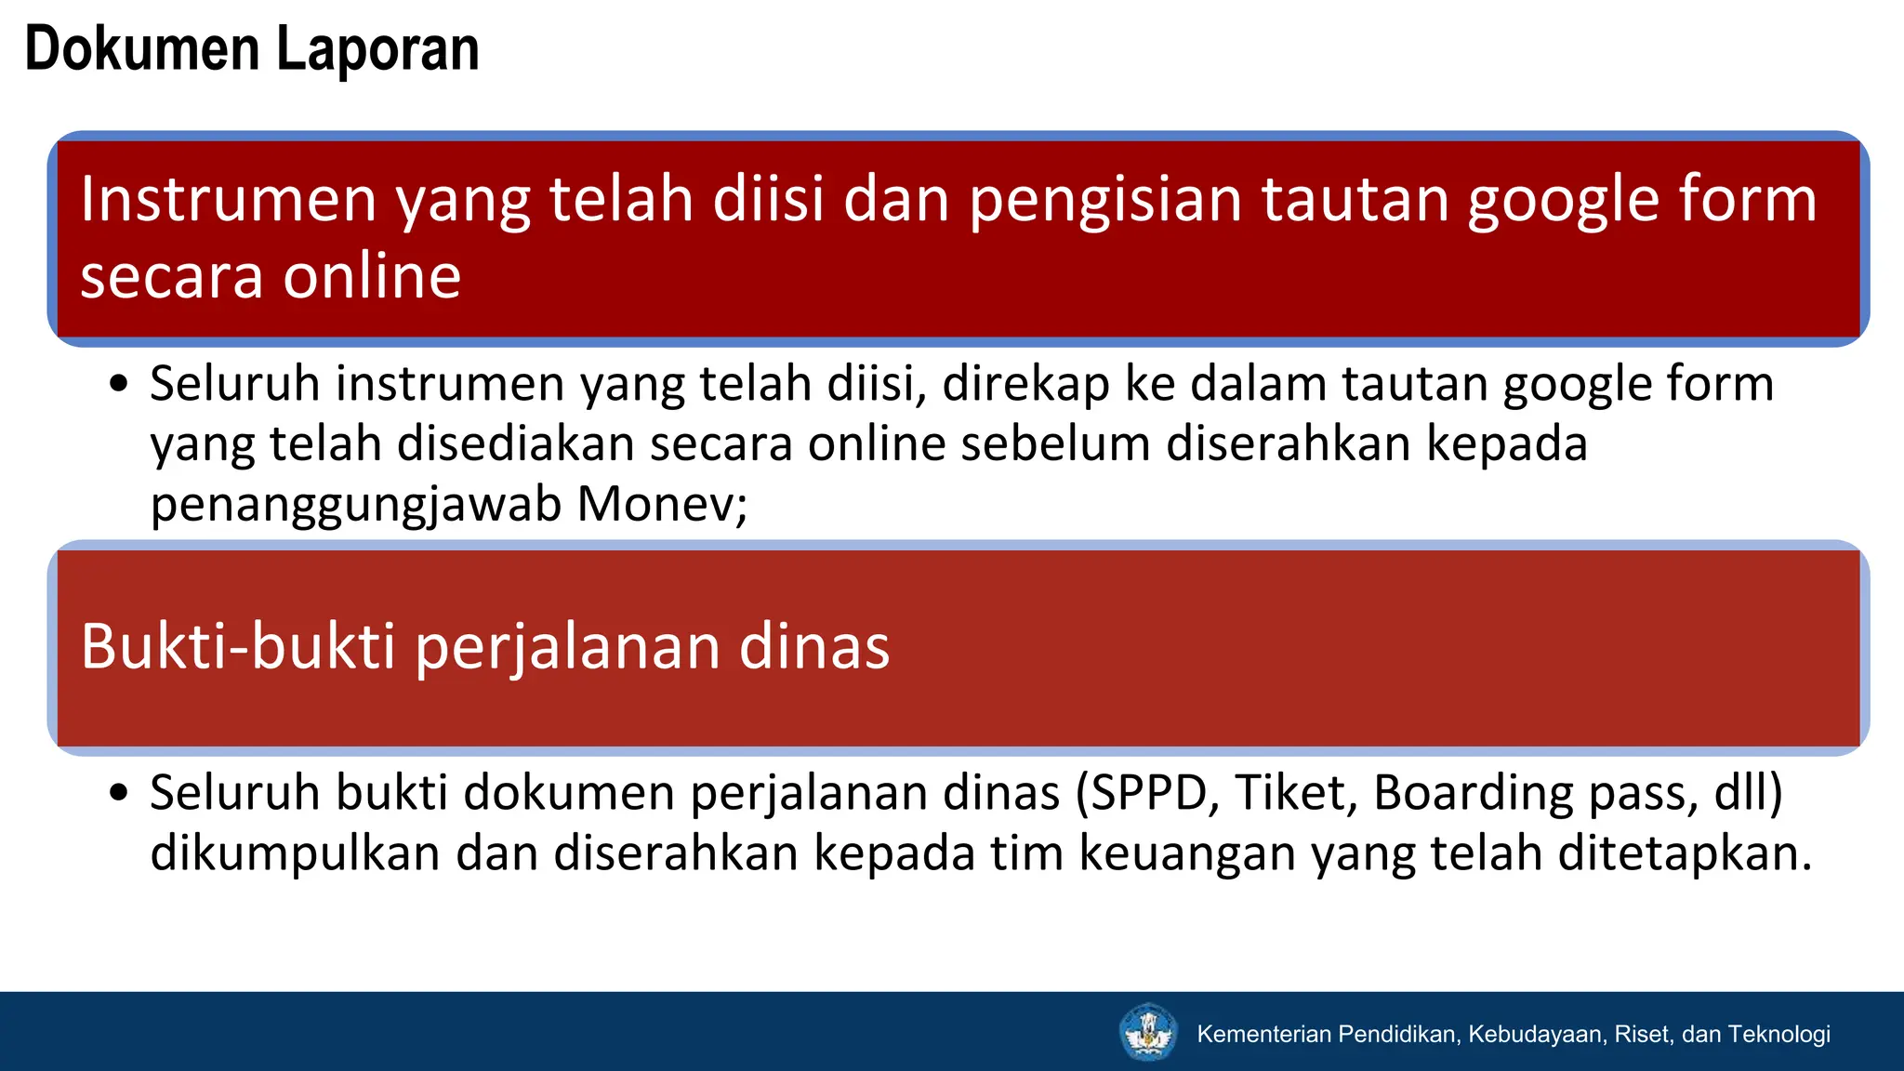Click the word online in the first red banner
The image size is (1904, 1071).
pos(372,276)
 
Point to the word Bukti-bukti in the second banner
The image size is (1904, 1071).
pos(238,646)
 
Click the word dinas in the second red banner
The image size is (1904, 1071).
pos(813,646)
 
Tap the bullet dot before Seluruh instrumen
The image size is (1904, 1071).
pos(118,384)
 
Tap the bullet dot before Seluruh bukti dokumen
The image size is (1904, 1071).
pos(118,793)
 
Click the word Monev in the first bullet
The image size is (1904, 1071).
pos(654,505)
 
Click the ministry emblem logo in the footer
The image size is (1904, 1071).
pos(1148,1032)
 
